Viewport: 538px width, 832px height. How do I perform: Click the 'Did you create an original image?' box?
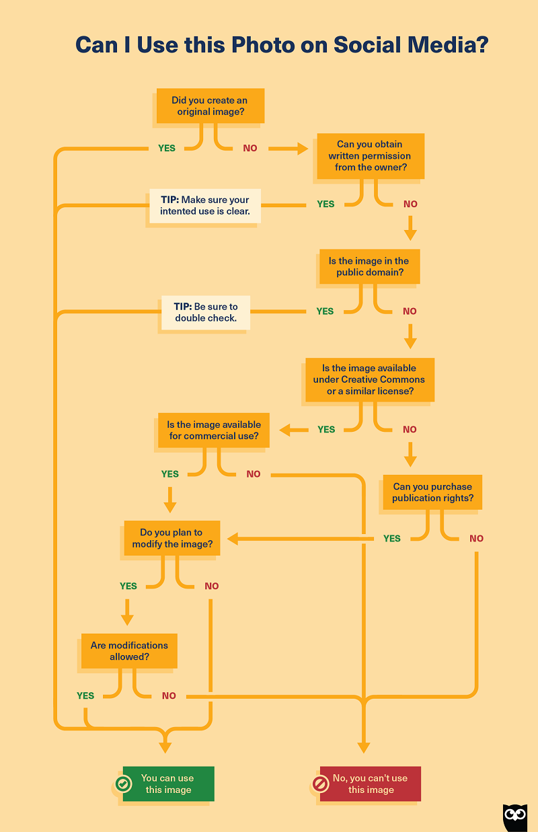point(209,106)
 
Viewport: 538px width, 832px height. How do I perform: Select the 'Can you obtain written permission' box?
point(369,155)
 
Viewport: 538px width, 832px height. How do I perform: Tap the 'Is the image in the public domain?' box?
point(369,266)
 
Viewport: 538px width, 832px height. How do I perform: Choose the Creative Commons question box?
point(369,379)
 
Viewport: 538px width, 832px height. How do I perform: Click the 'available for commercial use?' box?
point(213,430)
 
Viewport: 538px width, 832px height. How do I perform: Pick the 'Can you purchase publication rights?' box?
point(432,492)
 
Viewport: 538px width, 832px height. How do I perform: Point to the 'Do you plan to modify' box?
point(171,538)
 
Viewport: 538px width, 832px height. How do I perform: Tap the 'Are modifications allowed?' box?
point(128,650)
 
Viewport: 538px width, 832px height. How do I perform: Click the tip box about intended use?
point(204,205)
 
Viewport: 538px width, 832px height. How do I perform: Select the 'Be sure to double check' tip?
point(205,312)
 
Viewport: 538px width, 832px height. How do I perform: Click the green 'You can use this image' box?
point(168,784)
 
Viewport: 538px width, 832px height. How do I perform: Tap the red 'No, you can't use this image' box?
point(371,784)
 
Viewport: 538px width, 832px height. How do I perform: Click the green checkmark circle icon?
point(122,784)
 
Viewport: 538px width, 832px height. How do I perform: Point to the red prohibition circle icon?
point(320,784)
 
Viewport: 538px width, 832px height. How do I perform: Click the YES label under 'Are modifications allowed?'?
point(85,695)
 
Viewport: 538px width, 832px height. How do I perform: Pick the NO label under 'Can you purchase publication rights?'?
point(476,538)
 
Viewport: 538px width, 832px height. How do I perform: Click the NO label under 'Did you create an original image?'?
point(249,148)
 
